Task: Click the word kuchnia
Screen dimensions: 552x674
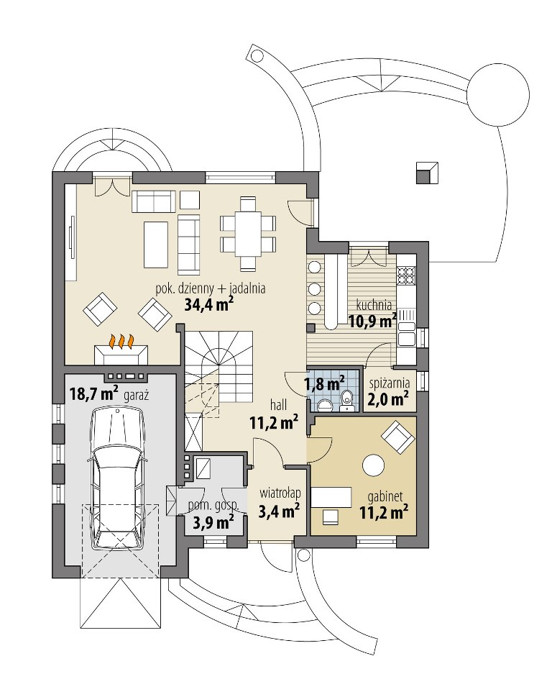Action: [374, 305]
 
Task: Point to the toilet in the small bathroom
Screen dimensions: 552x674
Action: [347, 399]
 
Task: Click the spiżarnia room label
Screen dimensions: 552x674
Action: [389, 383]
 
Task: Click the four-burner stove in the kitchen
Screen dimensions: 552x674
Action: [406, 276]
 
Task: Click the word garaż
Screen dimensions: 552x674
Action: [136, 396]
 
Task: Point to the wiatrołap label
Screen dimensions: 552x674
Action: [279, 493]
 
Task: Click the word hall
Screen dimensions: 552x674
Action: [278, 404]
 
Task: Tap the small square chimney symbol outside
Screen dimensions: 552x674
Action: [427, 173]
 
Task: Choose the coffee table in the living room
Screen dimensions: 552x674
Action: [155, 244]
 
